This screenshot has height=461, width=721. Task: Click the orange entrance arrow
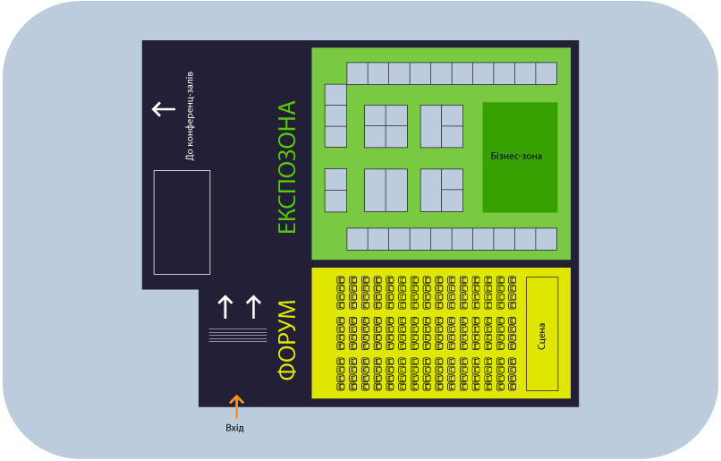pos(237,406)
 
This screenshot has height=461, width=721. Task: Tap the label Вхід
pos(234,428)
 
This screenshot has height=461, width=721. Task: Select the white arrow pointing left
pos(164,109)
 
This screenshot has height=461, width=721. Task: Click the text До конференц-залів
pos(190,116)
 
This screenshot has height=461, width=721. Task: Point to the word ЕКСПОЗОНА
pos(287,167)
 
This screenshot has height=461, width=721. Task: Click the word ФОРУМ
pos(287,340)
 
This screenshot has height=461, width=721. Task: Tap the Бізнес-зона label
pos(516,156)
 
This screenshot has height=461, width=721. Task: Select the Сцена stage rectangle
pos(542,334)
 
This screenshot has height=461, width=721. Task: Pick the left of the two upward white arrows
pos(225,307)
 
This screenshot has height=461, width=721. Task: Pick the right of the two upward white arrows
pos(253,307)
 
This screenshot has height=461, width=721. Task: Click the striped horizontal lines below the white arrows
pos(238,335)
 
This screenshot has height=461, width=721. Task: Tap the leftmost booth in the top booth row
pos(357,73)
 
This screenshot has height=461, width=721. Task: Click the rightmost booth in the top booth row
pos(547,73)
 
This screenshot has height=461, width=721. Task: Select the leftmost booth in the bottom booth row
pos(357,239)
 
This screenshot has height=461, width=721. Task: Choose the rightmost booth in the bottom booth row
pos(547,239)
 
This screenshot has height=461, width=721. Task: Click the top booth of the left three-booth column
pos(335,95)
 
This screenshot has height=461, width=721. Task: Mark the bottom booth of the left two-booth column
pos(335,201)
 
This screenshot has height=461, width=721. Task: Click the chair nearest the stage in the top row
pos(513,279)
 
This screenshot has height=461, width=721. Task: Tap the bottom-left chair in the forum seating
pos(341,387)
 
